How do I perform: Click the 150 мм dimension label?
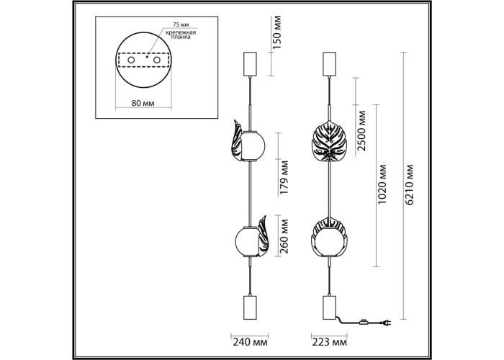(x=277, y=32)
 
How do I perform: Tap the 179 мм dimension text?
(x=284, y=177)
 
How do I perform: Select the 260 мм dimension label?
(x=284, y=236)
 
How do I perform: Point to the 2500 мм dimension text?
(x=362, y=130)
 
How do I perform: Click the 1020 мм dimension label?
(x=382, y=184)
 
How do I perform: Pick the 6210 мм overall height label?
(x=410, y=184)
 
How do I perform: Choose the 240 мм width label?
(x=250, y=342)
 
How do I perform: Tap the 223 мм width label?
(x=330, y=342)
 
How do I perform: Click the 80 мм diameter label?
(x=143, y=103)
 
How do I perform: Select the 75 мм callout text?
(x=181, y=24)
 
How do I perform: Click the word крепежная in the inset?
(x=181, y=32)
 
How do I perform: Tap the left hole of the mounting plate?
(x=131, y=60)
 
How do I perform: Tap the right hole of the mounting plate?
(x=157, y=60)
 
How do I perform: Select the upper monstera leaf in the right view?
(x=329, y=141)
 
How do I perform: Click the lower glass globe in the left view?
(x=247, y=242)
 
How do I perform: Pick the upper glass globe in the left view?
(x=253, y=145)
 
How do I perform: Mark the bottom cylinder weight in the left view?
(x=250, y=307)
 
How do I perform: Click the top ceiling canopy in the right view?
(x=329, y=64)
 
